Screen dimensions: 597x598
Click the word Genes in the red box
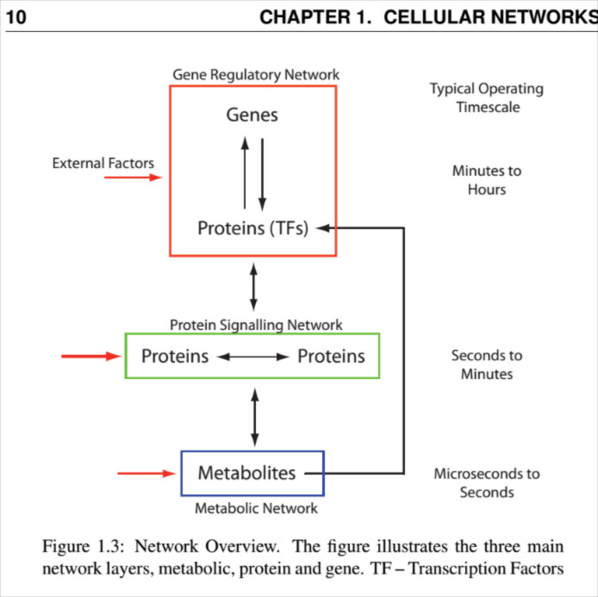pos(252,115)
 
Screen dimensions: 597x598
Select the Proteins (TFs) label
pos(252,228)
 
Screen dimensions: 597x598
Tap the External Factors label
pos(103,162)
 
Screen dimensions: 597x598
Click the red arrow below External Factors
pos(133,177)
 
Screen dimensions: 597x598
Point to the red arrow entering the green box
pos(91,356)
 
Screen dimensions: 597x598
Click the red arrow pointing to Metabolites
pos(146,473)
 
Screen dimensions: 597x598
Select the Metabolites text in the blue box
pos(246,473)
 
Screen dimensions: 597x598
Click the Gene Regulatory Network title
pos(256,75)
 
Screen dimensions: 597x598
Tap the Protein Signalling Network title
pos(256,325)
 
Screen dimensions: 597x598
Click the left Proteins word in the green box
pos(175,356)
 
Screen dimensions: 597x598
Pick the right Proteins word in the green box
pos(331,356)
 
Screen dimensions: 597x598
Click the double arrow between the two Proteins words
pos(252,357)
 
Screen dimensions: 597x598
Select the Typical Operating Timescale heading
pos(487,97)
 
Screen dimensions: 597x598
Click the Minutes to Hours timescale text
pos(487,180)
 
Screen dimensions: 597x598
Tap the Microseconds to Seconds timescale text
pos(487,482)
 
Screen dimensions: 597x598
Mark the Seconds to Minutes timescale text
pos(487,364)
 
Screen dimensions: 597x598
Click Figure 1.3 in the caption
pos(78,547)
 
